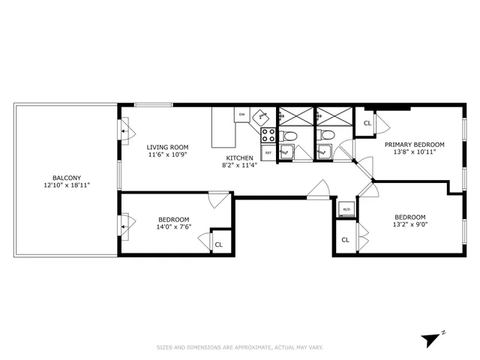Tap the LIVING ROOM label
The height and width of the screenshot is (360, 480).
click(167, 147)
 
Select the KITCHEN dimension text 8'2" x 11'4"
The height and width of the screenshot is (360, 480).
click(240, 166)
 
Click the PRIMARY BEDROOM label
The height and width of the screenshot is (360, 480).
click(415, 144)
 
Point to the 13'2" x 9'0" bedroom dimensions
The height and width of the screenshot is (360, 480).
click(410, 224)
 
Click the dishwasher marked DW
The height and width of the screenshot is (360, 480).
click(241, 115)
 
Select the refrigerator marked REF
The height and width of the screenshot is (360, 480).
click(267, 152)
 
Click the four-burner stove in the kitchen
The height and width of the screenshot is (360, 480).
click(267, 135)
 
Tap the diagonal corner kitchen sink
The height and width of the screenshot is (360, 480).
click(261, 117)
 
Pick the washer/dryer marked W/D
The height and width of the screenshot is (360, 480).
click(346, 208)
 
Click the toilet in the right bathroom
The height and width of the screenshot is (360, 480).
click(325, 135)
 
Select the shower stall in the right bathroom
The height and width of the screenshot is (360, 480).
click(333, 116)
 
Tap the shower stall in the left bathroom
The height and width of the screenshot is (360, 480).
click(294, 116)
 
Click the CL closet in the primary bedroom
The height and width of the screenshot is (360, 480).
click(367, 123)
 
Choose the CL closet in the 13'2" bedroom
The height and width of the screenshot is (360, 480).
click(345, 240)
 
